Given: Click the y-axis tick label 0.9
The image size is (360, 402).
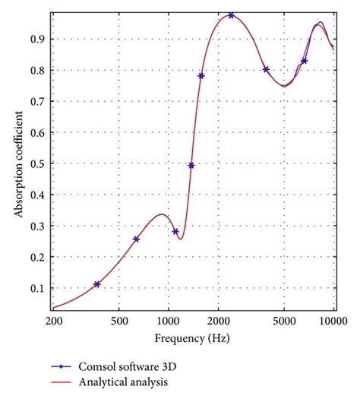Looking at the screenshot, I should [x=37, y=39].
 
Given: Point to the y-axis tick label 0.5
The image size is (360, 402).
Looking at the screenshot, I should [x=37, y=163].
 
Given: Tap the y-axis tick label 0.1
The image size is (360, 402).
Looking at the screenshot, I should [x=37, y=289].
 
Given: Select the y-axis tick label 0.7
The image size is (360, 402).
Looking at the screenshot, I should [x=37, y=101].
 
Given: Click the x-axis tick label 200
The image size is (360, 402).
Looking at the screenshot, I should [x=54, y=322].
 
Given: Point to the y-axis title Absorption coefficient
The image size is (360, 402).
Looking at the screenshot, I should [x=17, y=163].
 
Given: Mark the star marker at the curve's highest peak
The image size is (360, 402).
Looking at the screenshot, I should [x=231, y=15].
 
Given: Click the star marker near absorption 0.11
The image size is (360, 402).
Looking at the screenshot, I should [x=97, y=284].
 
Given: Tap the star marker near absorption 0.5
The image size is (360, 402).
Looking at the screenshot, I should [x=191, y=165].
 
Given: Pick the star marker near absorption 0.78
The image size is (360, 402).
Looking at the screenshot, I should [x=201, y=76].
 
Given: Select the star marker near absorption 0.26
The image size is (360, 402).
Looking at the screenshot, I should [x=136, y=239].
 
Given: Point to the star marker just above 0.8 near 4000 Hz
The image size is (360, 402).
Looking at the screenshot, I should [x=266, y=69].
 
